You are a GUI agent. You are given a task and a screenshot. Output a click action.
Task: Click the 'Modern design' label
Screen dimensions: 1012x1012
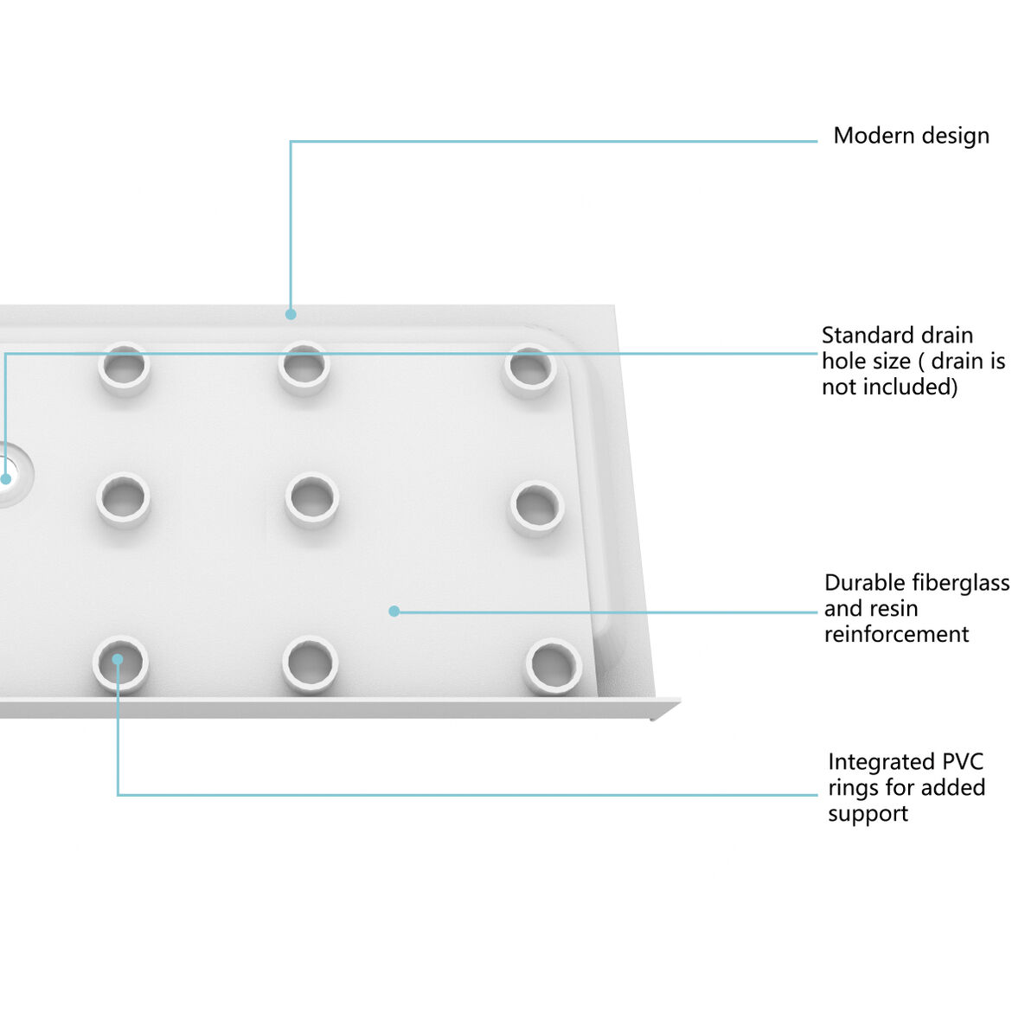[911, 136]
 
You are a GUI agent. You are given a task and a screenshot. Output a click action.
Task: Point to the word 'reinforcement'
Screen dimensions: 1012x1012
[896, 634]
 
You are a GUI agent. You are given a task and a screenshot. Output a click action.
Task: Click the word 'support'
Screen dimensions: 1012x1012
[868, 814]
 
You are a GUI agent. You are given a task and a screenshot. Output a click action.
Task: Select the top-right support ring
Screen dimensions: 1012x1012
[529, 370]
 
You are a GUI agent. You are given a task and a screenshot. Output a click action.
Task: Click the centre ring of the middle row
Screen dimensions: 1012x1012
[311, 499]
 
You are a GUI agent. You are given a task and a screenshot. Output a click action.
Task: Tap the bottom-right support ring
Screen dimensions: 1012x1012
[553, 666]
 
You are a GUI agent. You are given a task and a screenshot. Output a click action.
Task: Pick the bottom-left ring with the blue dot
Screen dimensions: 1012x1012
[120, 664]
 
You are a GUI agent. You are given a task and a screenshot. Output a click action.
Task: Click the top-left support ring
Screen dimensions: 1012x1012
[125, 368]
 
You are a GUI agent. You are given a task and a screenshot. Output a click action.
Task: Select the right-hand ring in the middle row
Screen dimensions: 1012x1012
[536, 507]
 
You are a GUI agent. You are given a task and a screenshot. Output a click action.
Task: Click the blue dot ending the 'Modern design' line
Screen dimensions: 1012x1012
[291, 314]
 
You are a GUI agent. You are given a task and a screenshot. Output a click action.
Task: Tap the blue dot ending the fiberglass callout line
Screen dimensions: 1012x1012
[394, 612]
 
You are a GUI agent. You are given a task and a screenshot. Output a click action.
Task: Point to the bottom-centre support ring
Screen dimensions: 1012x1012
[310, 663]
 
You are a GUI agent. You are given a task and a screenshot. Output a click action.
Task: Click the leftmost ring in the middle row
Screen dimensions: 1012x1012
[123, 499]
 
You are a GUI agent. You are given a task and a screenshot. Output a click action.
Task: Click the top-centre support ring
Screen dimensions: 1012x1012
[304, 368]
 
